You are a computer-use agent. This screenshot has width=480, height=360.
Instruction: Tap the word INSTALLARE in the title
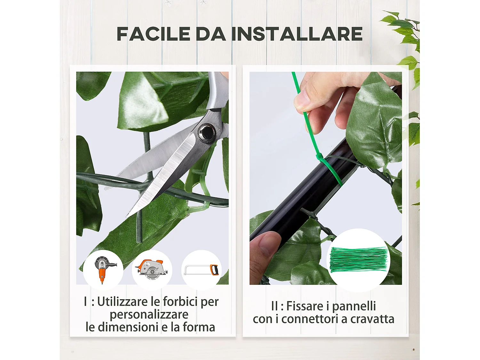[x=297, y=34]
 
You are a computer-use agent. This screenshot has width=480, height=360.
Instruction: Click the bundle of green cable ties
[x=358, y=260]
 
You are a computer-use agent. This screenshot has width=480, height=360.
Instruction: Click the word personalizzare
[x=149, y=314]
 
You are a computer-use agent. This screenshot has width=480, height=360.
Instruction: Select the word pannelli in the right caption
[x=354, y=306]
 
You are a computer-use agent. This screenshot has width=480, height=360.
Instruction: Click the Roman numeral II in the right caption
[x=274, y=306]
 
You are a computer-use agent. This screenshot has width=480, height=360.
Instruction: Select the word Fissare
[x=305, y=306]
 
